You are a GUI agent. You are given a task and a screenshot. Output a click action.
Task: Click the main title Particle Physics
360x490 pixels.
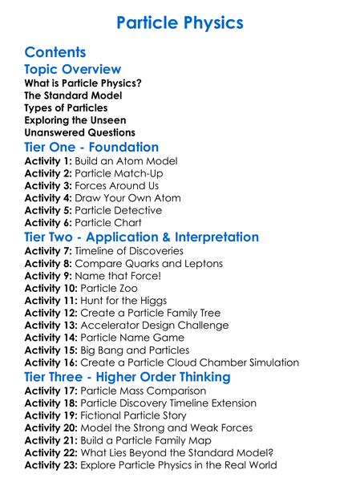180,22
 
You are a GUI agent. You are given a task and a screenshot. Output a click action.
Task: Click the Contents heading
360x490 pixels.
55,52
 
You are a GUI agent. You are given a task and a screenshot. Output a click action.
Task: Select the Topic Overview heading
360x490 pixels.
73,70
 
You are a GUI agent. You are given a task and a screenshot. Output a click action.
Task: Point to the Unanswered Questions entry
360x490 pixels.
79,132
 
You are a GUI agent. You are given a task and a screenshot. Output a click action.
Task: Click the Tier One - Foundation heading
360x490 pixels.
91,148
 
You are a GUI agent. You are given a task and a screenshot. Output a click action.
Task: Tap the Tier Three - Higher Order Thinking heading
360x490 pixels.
127,377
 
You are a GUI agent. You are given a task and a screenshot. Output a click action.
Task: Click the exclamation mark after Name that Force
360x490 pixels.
159,275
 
